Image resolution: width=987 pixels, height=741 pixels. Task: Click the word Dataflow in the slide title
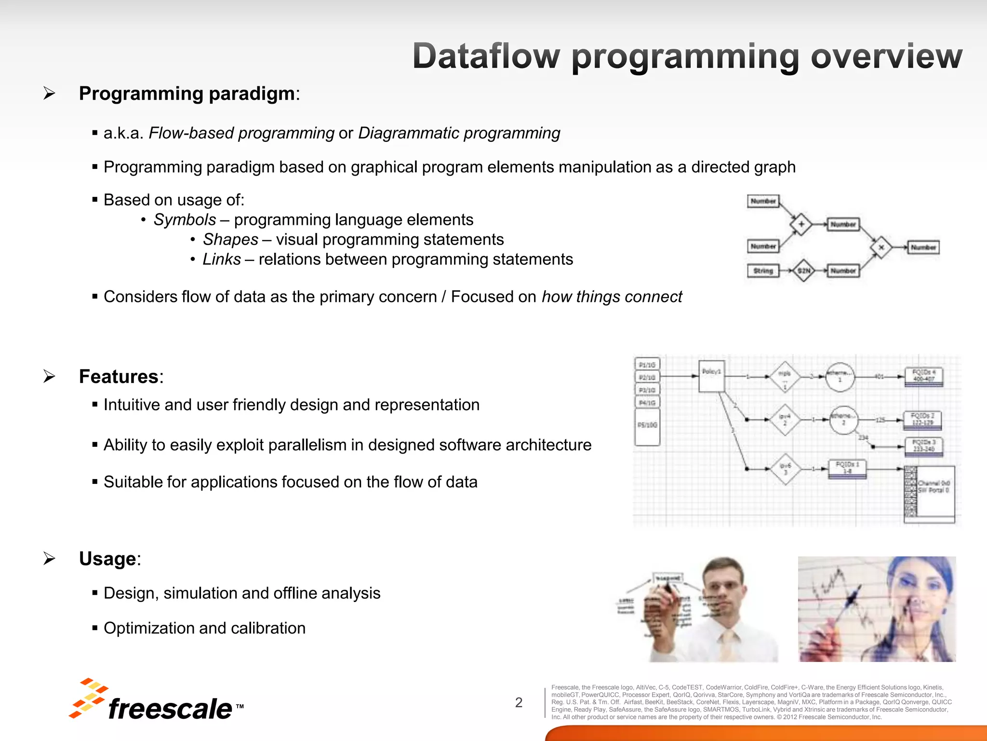(x=486, y=56)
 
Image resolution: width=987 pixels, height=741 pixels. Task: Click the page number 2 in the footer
(x=519, y=702)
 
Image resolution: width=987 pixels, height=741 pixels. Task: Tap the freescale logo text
(x=170, y=709)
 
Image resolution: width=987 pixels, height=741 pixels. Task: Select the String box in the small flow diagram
(x=763, y=271)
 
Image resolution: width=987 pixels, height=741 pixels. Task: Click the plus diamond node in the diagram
(x=801, y=224)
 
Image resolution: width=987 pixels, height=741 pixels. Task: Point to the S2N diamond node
(x=804, y=271)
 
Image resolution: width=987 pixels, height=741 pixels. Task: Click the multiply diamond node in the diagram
(x=881, y=247)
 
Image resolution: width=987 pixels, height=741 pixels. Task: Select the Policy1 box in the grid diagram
(x=711, y=376)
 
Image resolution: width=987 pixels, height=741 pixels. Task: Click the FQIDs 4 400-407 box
(x=923, y=376)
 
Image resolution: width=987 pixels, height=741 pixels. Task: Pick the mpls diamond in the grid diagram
(x=785, y=376)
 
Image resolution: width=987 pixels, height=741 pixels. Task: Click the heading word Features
(x=119, y=376)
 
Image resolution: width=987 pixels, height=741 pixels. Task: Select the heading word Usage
(x=107, y=559)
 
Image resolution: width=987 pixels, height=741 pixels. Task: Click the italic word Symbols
(x=185, y=220)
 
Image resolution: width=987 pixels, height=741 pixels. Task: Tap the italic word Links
(x=221, y=260)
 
